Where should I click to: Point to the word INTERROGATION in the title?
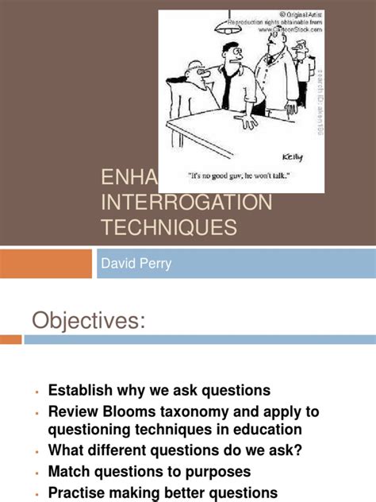click(x=186, y=203)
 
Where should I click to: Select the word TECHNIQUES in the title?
click(x=168, y=228)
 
